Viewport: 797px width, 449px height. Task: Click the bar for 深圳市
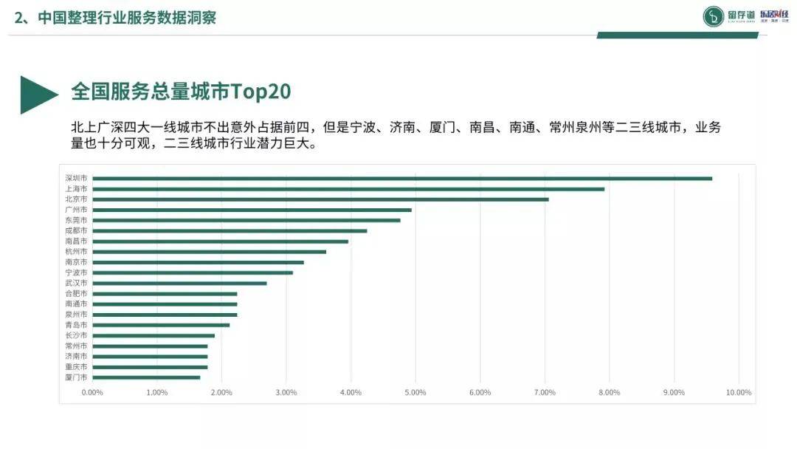402,178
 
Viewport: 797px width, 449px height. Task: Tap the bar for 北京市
320,199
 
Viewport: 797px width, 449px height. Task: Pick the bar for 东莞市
246,220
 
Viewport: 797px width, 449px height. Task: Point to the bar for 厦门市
146,377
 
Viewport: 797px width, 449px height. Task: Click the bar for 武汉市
179,283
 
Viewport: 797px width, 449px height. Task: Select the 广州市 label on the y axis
76,210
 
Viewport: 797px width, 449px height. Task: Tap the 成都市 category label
76,230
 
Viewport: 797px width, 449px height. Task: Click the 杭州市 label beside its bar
76,252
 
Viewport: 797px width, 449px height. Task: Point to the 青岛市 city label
76,325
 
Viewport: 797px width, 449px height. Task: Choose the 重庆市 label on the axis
76,367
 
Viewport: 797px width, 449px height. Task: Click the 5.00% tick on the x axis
415,392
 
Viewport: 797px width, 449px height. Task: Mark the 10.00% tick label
738,392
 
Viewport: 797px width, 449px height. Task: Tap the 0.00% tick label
92,392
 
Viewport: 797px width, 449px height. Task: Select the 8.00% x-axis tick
609,392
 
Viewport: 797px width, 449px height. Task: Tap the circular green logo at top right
713,16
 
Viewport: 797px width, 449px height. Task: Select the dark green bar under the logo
677,35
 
